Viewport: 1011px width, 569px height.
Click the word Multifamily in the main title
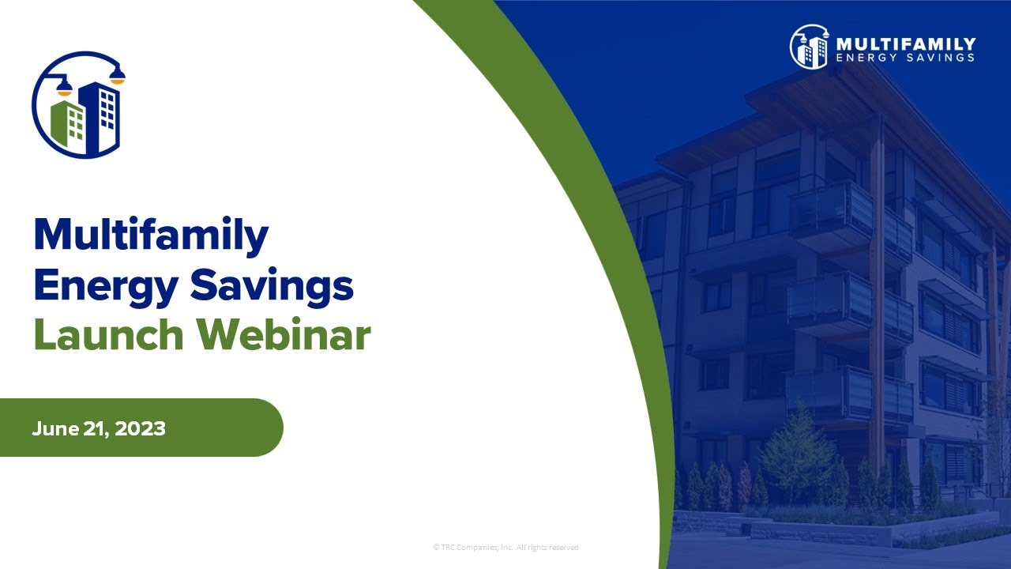point(151,235)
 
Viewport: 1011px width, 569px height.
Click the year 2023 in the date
point(143,428)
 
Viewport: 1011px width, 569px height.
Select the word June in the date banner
point(54,428)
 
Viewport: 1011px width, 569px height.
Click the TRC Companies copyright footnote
point(505,547)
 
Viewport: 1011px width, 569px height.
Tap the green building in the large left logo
point(69,123)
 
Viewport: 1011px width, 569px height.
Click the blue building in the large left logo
point(100,115)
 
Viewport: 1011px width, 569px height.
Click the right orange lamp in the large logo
point(117,77)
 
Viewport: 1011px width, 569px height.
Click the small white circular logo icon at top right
point(809,47)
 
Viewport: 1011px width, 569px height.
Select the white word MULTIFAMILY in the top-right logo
point(905,43)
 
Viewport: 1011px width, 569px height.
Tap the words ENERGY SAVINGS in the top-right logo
point(905,58)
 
